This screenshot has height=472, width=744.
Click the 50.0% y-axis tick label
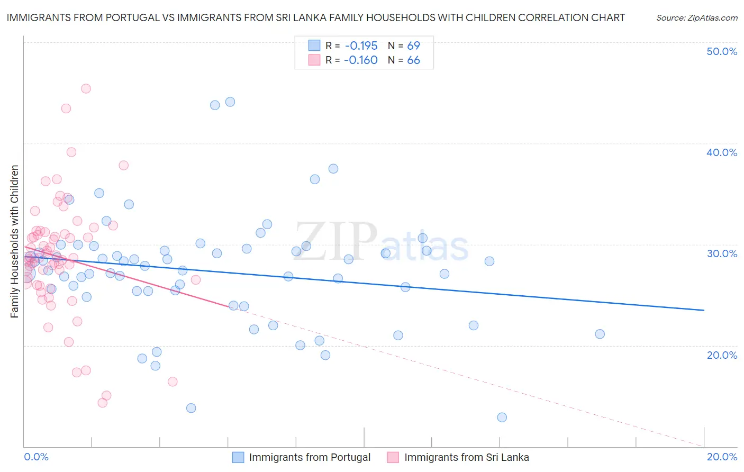point(722,51)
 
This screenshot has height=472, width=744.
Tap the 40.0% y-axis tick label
point(722,152)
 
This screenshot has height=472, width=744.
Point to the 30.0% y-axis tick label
point(722,253)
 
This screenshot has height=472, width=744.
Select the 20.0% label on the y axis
point(722,355)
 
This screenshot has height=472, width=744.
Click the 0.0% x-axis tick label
point(36,457)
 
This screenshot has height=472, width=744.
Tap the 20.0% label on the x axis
point(722,457)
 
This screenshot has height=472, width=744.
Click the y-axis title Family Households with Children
point(15,241)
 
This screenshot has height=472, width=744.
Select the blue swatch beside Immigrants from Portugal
point(238,457)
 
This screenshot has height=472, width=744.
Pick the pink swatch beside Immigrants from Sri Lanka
point(393,457)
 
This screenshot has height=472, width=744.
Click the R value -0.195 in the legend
point(360,46)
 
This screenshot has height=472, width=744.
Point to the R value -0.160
point(360,60)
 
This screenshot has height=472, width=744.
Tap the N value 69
point(413,46)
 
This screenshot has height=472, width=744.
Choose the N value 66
point(413,60)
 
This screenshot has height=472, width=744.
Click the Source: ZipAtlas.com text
point(696,17)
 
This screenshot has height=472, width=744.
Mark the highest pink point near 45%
point(86,88)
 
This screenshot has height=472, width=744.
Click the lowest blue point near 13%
point(502,417)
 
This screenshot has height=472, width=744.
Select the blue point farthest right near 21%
point(600,334)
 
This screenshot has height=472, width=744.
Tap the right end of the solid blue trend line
point(704,310)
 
